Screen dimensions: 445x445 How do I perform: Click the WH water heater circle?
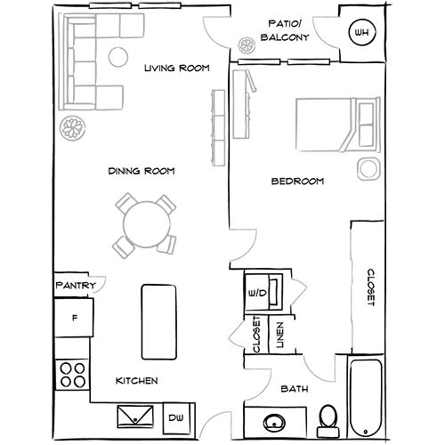[x=360, y=35]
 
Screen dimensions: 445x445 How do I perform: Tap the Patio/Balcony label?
[x=284, y=31]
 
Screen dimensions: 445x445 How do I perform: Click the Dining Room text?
[x=141, y=171]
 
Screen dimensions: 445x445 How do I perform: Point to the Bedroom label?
[x=296, y=182]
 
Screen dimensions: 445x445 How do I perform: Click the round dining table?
[x=142, y=222]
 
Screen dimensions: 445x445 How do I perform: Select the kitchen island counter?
[x=157, y=319]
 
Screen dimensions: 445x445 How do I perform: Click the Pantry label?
[x=75, y=286]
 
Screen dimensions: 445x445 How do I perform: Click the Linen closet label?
[x=279, y=335]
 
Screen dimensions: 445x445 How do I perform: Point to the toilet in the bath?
[x=328, y=416]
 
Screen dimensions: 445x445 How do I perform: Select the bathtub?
[x=365, y=396]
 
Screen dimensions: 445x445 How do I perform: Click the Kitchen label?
[x=137, y=381]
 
